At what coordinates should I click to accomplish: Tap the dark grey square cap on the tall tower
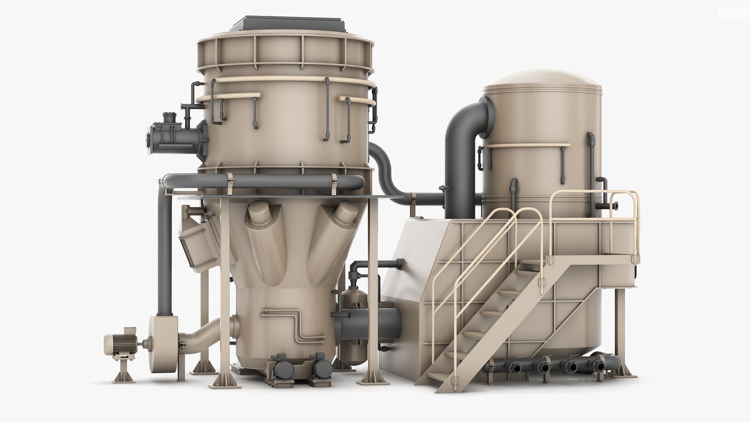click(x=289, y=23)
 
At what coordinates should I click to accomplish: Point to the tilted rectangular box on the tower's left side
click(x=195, y=242)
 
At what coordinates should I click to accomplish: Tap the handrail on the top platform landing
click(x=594, y=195)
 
